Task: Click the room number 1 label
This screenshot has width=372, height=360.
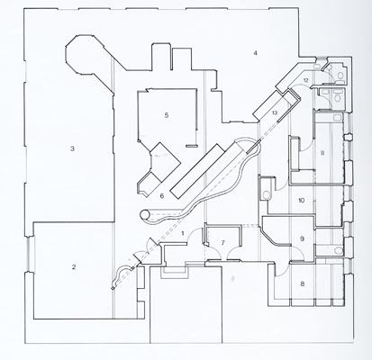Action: click(x=184, y=232)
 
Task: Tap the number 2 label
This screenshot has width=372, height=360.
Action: click(x=74, y=267)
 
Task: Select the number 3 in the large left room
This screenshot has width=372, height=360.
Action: click(x=72, y=148)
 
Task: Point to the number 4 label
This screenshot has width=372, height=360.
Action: click(x=255, y=53)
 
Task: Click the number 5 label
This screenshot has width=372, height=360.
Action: click(x=167, y=115)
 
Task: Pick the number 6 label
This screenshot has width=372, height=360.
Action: click(x=162, y=196)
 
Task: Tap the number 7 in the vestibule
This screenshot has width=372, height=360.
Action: click(x=222, y=242)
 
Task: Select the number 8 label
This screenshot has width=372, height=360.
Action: click(x=303, y=283)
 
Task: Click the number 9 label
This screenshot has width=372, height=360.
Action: click(x=303, y=238)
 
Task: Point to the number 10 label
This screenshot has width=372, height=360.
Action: click(x=302, y=200)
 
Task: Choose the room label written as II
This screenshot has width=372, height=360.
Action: click(x=322, y=153)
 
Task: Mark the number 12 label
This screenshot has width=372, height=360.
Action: click(x=305, y=80)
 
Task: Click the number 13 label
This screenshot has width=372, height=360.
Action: click(x=275, y=112)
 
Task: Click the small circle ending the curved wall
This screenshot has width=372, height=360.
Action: click(x=145, y=214)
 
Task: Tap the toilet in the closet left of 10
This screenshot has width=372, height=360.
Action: click(x=266, y=194)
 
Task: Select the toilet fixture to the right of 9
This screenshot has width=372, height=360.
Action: click(x=339, y=250)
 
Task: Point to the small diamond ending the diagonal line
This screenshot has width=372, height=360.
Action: click(x=113, y=289)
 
